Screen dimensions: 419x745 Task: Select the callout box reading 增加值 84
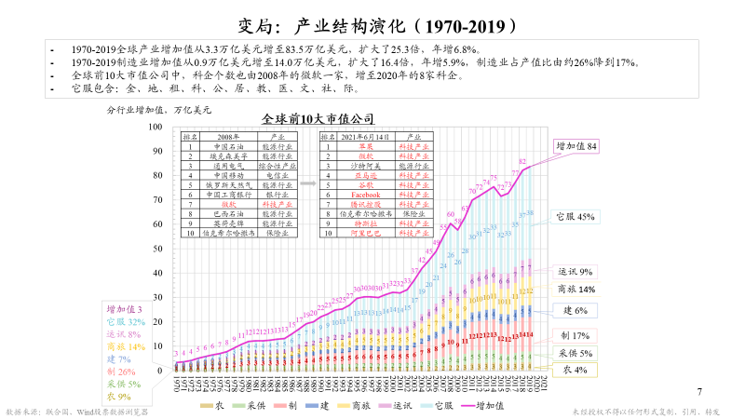(x=577, y=146)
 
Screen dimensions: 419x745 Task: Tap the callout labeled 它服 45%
(x=575, y=217)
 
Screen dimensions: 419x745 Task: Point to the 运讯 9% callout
(x=575, y=272)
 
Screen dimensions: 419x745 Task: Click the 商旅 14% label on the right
(x=576, y=290)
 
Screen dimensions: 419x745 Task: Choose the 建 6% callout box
(x=575, y=310)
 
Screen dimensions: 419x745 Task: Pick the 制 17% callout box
(x=576, y=335)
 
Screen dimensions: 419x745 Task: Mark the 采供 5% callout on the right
(x=576, y=354)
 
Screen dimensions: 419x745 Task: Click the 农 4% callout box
(x=575, y=370)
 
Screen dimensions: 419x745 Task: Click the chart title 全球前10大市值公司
(x=317, y=119)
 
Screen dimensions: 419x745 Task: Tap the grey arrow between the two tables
(x=305, y=184)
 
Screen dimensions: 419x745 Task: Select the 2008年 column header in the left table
(x=227, y=136)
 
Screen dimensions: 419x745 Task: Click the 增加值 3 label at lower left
(x=123, y=308)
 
